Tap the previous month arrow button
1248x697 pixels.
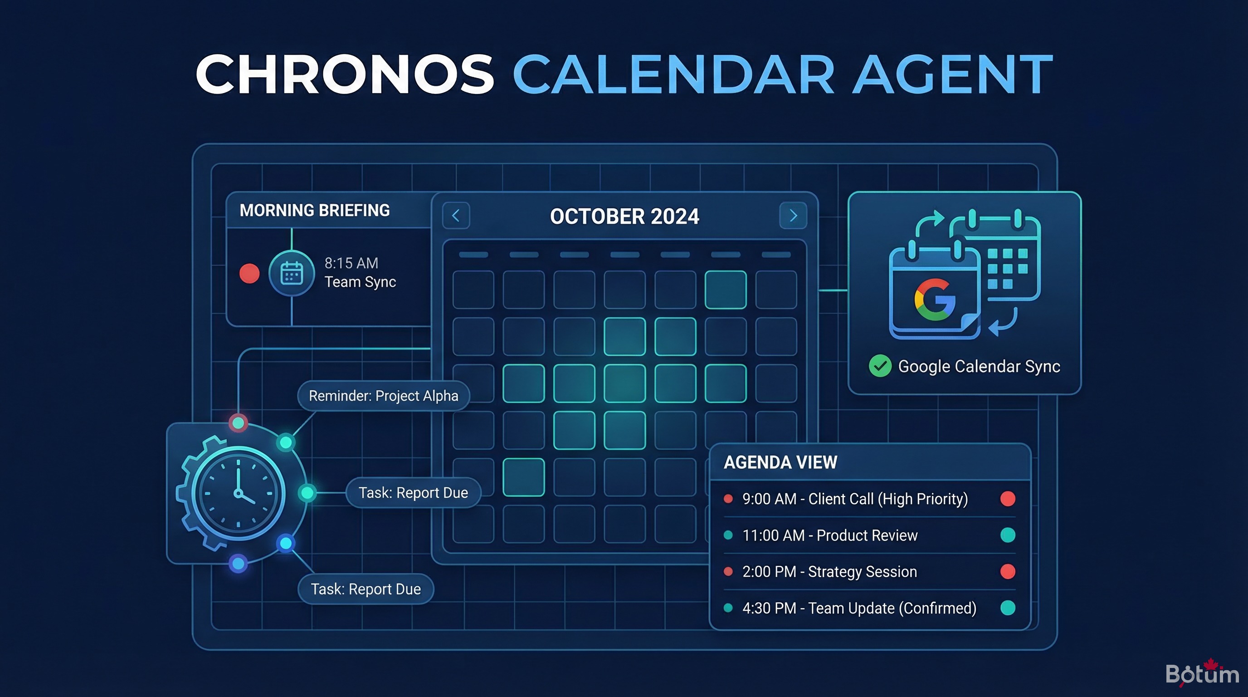456,216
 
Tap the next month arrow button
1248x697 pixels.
793,216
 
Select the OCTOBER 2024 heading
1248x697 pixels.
624,216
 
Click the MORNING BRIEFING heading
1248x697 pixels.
314,211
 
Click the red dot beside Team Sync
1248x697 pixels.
249,273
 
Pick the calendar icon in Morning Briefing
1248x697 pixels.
292,273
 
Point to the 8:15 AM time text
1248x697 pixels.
351,263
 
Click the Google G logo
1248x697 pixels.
935,299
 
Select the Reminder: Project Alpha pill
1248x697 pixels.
383,396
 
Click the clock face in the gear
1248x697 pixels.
238,493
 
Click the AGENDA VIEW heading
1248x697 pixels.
780,462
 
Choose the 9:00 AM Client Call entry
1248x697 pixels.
855,499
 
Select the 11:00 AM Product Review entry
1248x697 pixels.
829,535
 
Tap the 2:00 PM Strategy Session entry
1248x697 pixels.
829,571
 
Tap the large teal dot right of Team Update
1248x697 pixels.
1008,608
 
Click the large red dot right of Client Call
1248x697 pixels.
1008,499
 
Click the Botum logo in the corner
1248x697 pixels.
1201,674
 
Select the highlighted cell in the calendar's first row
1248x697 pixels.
725,290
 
